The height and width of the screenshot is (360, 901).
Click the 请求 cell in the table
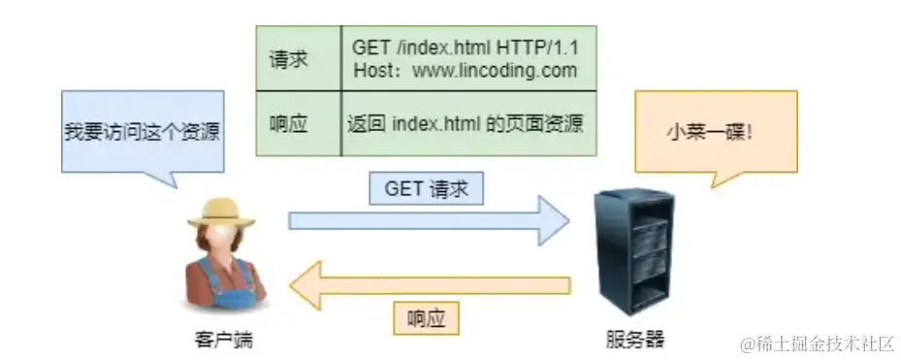(x=288, y=59)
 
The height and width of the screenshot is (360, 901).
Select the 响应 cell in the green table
(x=288, y=124)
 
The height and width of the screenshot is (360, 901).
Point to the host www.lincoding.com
(x=494, y=70)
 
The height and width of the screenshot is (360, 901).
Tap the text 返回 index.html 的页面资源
(x=465, y=124)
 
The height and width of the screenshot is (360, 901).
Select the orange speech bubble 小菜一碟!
(x=715, y=130)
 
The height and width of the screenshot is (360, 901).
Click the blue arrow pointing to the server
(x=427, y=220)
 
